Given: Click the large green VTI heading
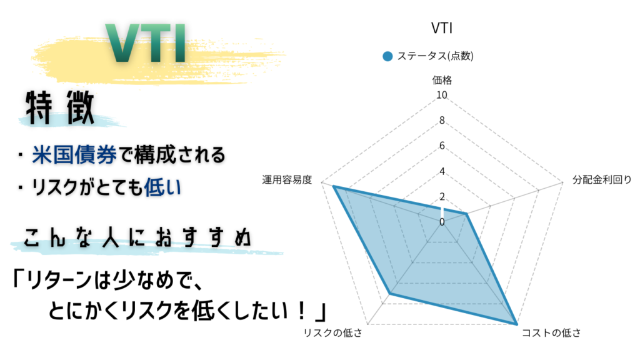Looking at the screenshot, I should pos(147,45).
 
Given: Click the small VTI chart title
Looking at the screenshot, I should pos(441,29).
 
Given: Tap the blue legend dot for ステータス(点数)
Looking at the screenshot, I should pos(387,56).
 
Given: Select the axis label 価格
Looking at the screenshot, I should pos(441,80).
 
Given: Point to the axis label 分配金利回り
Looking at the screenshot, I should pos(602,181).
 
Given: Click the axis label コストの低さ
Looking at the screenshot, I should pos(551,332).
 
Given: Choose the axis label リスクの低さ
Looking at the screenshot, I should pos(332,332).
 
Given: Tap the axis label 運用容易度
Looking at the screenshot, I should pos(287,181).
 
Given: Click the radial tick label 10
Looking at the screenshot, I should pos(441,96).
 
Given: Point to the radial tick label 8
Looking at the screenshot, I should pos(441,121).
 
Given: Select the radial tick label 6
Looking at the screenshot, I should pos(441,146).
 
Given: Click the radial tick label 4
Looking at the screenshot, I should pos(441,171).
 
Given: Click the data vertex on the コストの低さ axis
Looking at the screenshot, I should pos(516,324).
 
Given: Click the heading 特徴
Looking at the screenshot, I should pos(60,108).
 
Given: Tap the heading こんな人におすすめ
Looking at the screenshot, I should pos(138,238).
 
